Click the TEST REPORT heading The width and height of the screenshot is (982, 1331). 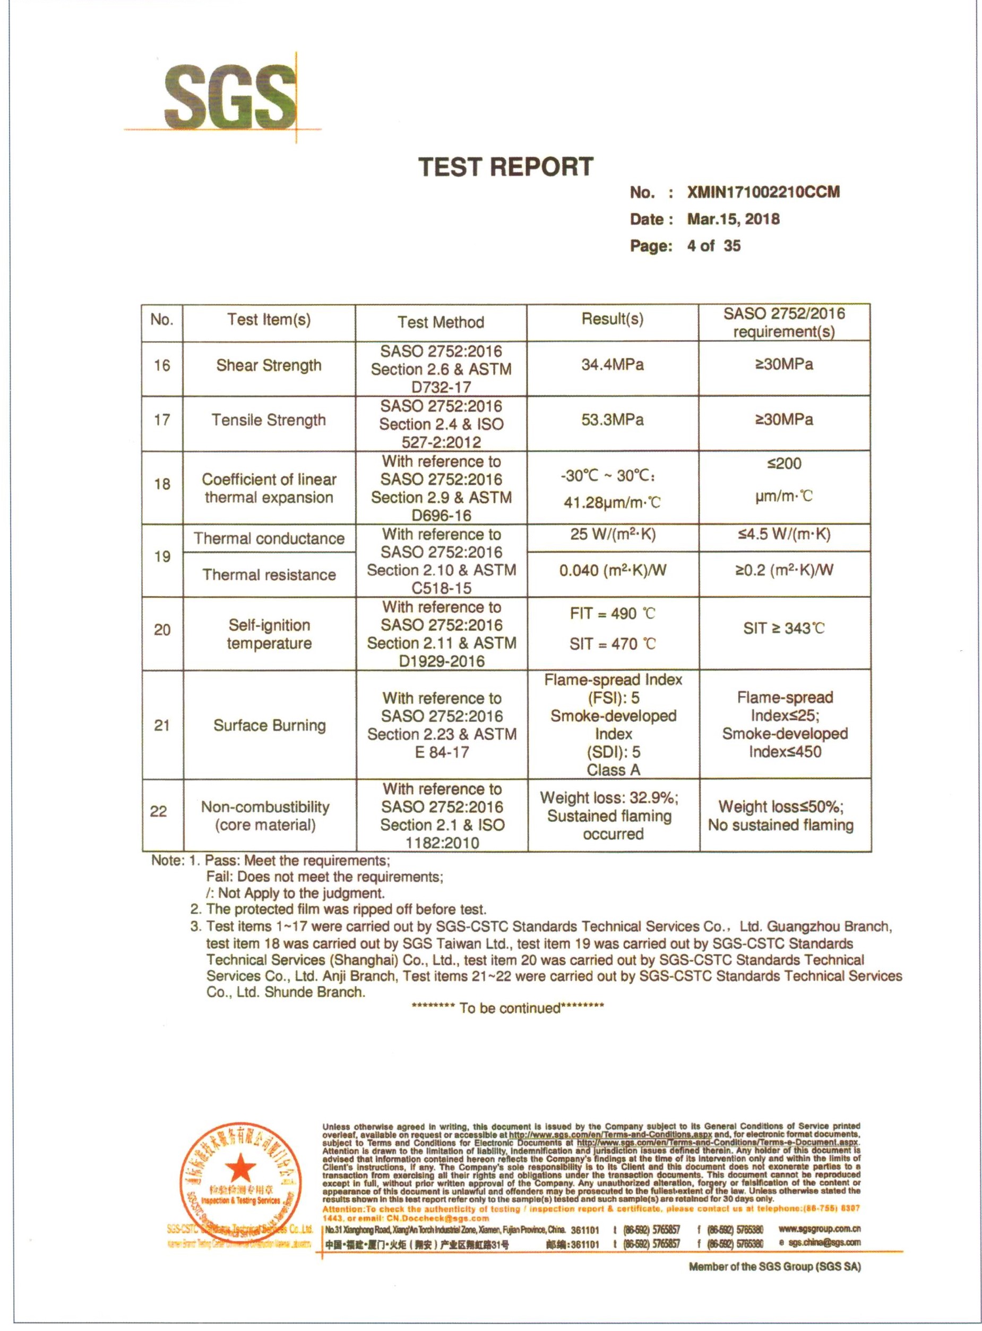pos(506,167)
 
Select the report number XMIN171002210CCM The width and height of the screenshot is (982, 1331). pos(763,192)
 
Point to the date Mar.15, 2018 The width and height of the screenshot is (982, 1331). pos(733,219)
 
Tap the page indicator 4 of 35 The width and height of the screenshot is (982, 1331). pos(714,246)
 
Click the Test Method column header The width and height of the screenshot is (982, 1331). pos(441,322)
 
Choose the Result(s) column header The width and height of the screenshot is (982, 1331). pos(612,319)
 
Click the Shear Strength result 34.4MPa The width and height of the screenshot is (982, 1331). pos(612,364)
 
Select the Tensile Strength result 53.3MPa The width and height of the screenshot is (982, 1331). pos(612,420)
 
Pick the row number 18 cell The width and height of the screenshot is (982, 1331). pos(162,484)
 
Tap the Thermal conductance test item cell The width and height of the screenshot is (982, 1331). pos(269,538)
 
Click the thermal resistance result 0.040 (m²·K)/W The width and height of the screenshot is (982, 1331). pos(612,571)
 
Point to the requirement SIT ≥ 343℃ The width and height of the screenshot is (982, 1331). pos(784,629)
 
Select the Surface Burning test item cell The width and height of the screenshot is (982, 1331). pos(269,725)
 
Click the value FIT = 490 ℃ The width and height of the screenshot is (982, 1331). pos(612,614)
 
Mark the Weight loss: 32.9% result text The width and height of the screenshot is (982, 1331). pos(609,798)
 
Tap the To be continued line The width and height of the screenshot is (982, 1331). pos(507,1008)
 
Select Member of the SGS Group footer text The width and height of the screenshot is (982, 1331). pos(774,1267)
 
